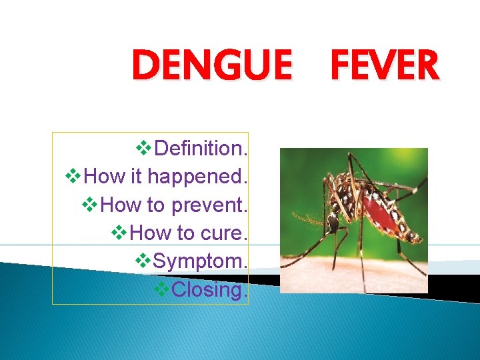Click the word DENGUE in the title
point(212,67)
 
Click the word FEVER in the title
point(385,67)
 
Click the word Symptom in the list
point(198,262)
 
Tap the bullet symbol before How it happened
point(75,177)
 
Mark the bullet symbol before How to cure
point(121,233)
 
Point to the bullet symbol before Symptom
point(144,262)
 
